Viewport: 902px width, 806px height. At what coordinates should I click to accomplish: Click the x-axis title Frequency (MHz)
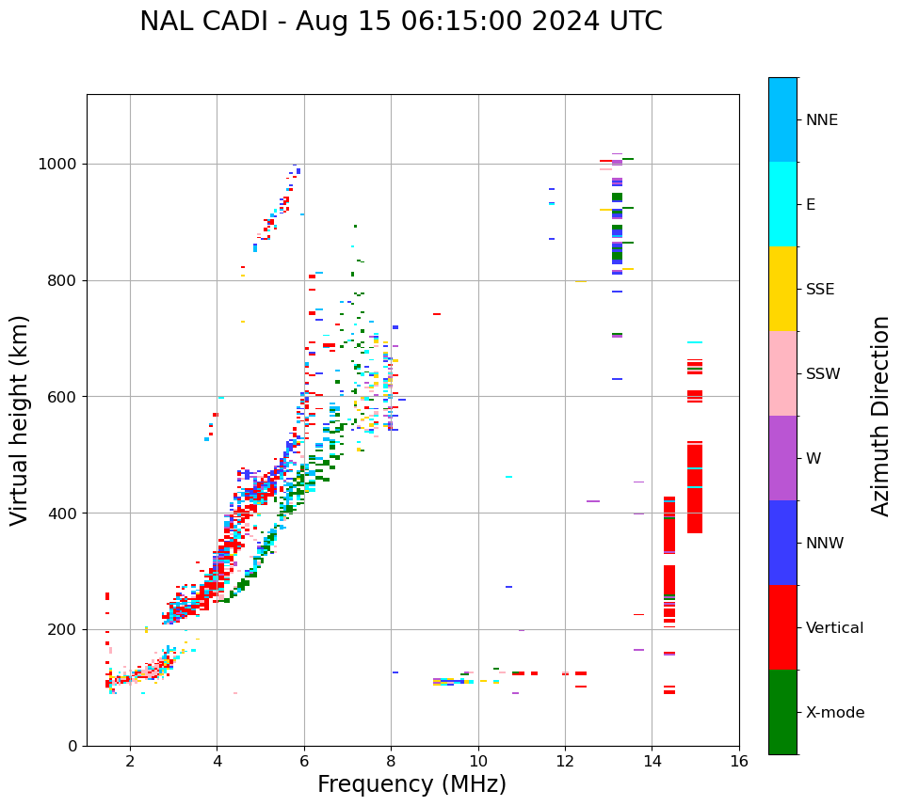[411, 784]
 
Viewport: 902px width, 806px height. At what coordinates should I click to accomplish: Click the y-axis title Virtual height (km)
[20, 419]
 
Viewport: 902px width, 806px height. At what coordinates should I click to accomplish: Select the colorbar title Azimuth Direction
[880, 416]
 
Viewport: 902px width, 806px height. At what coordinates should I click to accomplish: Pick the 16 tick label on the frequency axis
[739, 761]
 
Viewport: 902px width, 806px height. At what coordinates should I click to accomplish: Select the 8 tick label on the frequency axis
[391, 761]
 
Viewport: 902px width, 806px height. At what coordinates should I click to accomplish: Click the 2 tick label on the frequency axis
[130, 761]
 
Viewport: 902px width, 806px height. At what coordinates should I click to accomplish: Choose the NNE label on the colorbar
[821, 119]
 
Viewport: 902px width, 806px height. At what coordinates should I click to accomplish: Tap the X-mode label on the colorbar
[834, 712]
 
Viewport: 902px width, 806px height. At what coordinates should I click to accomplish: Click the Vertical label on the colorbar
[834, 627]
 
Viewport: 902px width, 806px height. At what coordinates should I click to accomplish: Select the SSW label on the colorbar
[823, 373]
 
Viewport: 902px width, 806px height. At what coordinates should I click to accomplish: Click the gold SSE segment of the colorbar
[782, 288]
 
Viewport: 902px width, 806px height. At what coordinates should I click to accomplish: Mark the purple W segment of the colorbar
[782, 457]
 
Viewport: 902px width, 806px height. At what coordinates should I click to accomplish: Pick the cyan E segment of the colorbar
[782, 203]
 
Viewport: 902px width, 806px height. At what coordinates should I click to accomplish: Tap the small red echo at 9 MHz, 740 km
[437, 314]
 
